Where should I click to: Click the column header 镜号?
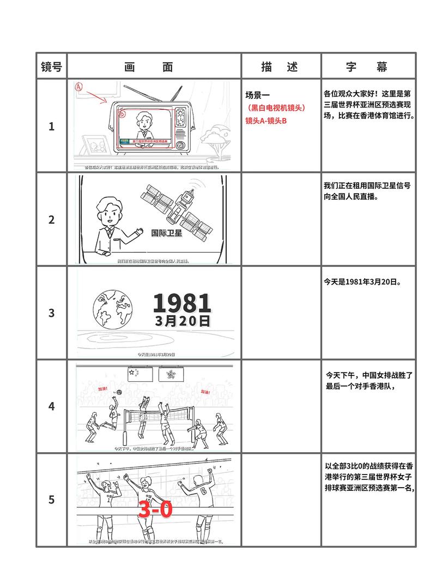(x=52, y=67)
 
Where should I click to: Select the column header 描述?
(x=280, y=67)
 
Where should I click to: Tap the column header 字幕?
(x=366, y=67)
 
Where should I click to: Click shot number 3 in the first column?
(x=52, y=313)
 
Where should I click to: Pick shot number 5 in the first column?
(x=52, y=500)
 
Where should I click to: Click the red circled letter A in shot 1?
(x=78, y=87)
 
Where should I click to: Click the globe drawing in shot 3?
(x=113, y=309)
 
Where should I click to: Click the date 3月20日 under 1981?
(x=182, y=320)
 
